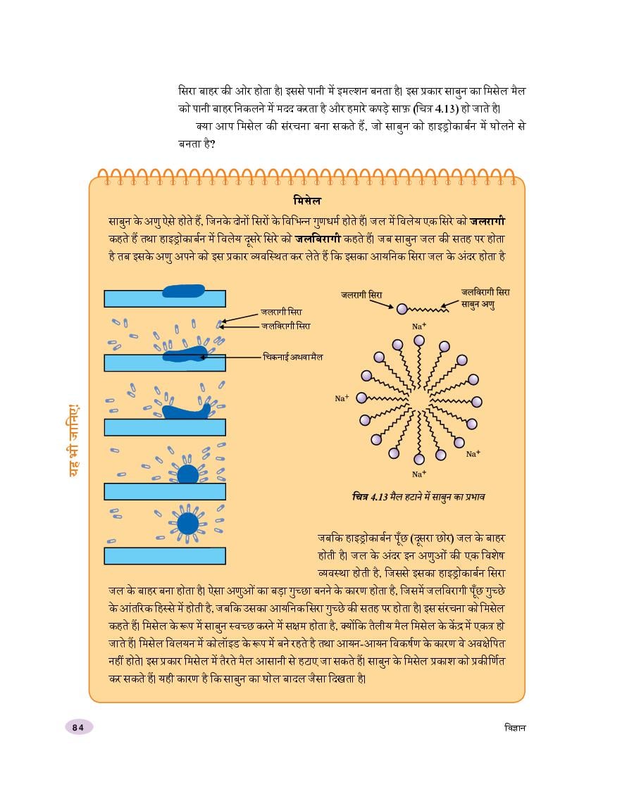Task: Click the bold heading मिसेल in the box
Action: tap(307, 200)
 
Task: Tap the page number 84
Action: tap(77, 727)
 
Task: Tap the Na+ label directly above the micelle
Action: tap(418, 327)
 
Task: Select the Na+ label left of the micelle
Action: tap(342, 398)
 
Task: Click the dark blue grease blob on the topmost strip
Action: tap(183, 291)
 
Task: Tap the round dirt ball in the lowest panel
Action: tap(187, 524)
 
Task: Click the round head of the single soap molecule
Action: tap(402, 308)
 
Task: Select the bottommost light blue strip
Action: tap(165, 555)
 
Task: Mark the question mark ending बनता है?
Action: tap(212, 144)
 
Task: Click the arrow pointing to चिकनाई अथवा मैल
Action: tap(232, 357)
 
